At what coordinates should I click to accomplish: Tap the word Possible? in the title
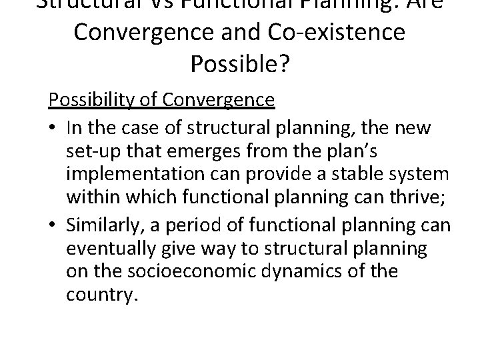click(x=240, y=63)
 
